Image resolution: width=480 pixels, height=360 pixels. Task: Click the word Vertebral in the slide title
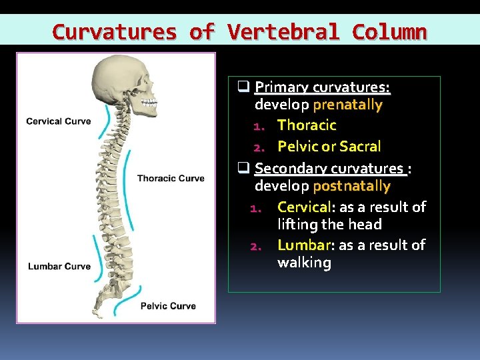[x=284, y=31]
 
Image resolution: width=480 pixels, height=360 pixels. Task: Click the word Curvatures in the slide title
[x=114, y=31]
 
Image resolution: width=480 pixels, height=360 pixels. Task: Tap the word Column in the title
[x=389, y=31]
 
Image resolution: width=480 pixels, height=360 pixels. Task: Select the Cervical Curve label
[x=59, y=121]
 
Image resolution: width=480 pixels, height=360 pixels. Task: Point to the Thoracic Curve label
[x=171, y=178]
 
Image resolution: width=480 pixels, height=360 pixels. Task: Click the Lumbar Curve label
[x=59, y=267]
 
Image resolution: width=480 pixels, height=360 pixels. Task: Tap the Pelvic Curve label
[x=168, y=306]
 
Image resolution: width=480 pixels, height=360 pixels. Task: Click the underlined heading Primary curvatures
[x=322, y=87]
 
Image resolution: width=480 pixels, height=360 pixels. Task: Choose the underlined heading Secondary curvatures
[x=329, y=169]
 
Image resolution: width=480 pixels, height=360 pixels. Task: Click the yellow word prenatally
[x=347, y=105]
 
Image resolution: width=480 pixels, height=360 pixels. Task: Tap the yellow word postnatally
[x=351, y=186]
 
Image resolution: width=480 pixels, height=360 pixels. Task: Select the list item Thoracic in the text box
[x=307, y=125]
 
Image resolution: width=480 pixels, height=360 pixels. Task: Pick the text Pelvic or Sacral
[x=329, y=146]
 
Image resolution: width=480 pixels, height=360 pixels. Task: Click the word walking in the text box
[x=304, y=263]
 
